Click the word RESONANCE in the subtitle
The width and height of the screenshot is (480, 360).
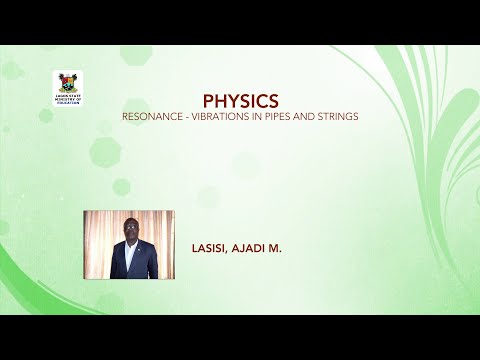point(151,116)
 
